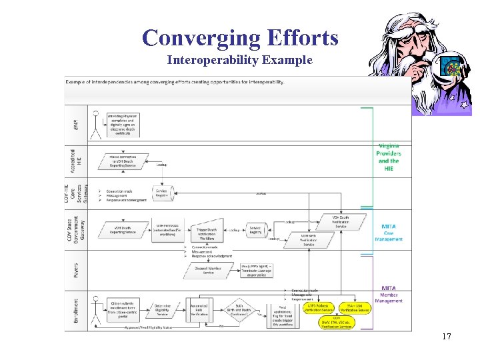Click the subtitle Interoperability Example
[239, 61]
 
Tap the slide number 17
[447, 337]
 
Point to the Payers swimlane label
[76, 270]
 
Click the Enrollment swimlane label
[75, 310]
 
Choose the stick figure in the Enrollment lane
[96, 308]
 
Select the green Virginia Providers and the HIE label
[389, 157]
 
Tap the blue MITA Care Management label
[389, 233]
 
